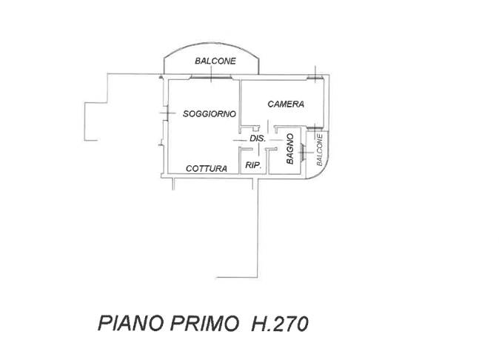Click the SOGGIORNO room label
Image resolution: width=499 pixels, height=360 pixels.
[210, 113]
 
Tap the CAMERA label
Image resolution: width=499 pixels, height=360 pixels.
[286, 104]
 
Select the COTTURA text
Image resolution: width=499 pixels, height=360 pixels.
[207, 168]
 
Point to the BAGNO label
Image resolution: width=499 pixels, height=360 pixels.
[289, 149]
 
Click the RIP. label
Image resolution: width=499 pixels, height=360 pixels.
[253, 165]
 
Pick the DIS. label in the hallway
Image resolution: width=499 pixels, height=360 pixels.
[258, 139]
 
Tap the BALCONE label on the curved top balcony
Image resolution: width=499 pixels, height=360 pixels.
[215, 61]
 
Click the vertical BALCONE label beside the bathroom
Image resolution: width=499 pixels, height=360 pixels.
[319, 150]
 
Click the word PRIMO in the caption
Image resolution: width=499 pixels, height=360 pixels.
[204, 324]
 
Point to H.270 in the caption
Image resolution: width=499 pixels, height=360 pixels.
[280, 324]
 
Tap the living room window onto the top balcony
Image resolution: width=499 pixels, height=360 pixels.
[211, 77]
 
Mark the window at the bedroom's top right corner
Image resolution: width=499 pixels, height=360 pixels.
[315, 77]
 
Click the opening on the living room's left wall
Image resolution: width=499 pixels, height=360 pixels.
[164, 113]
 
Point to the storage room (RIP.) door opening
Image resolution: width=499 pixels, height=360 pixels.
[258, 149]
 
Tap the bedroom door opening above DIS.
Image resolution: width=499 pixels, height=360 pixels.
[267, 127]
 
